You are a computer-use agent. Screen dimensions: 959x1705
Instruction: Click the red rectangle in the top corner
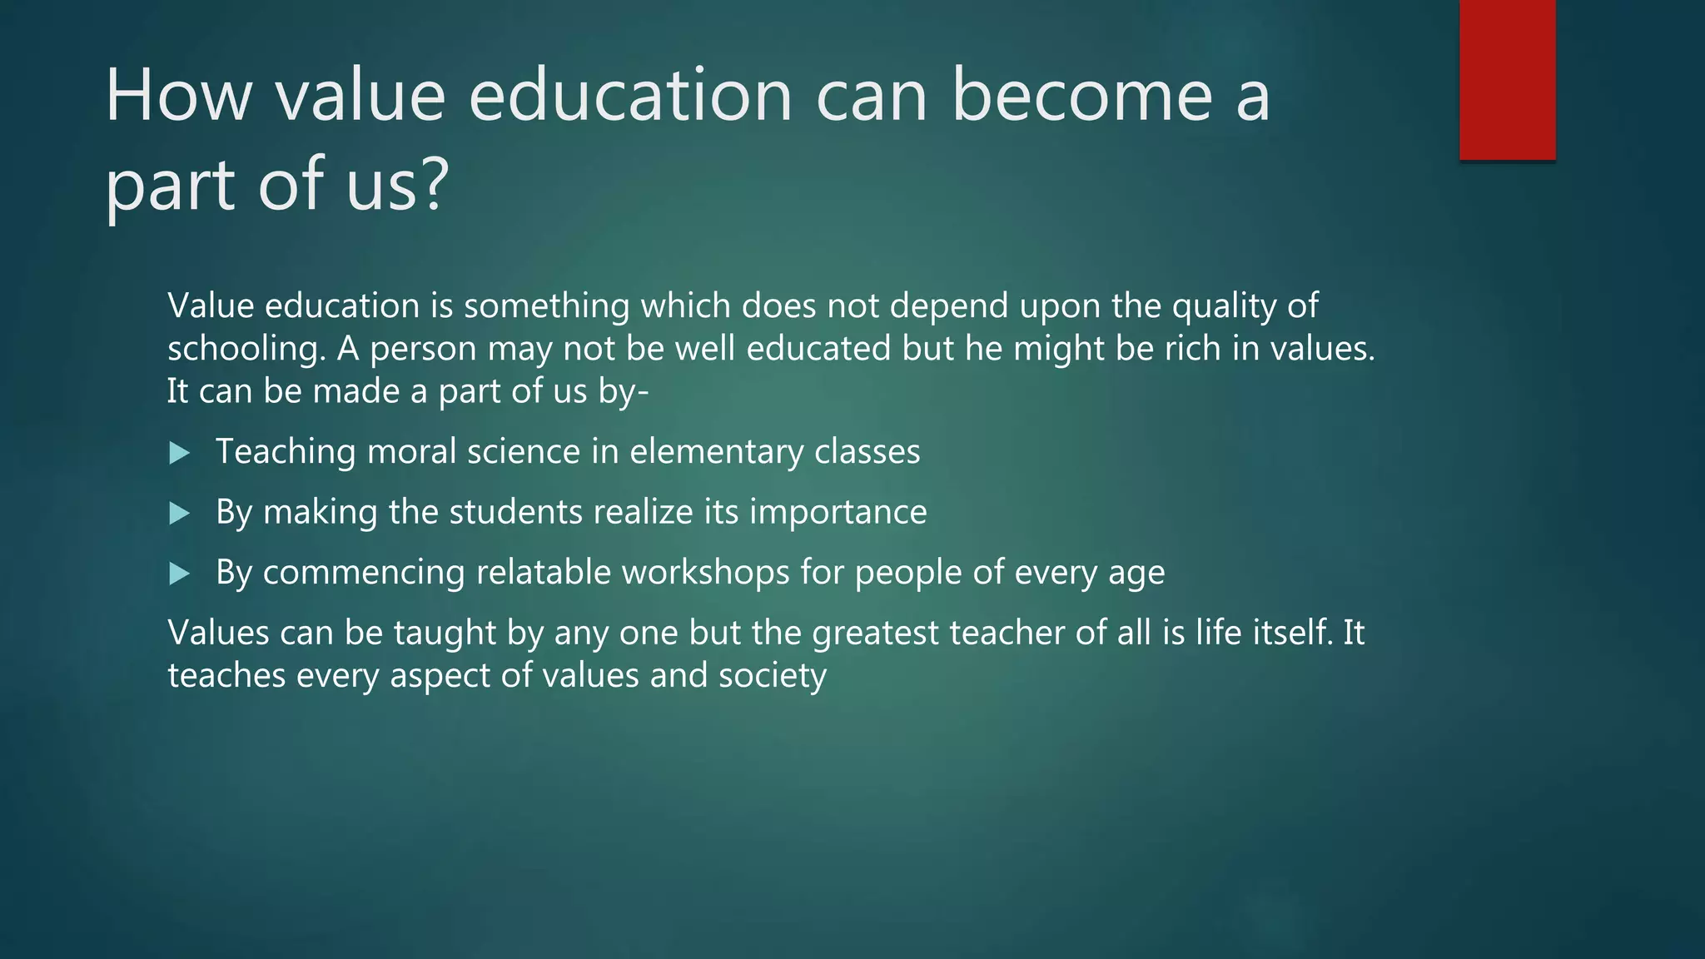pyautogui.click(x=1507, y=79)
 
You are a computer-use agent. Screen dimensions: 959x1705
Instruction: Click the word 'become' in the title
pyautogui.click(x=1081, y=96)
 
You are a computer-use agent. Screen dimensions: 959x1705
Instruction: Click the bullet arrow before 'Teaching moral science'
pyautogui.click(x=179, y=453)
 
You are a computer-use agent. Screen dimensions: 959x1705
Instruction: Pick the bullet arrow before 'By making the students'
pyautogui.click(x=179, y=513)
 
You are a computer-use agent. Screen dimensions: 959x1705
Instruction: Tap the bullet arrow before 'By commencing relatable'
pyautogui.click(x=179, y=574)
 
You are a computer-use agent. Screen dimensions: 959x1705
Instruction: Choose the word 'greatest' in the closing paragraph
pyautogui.click(x=875, y=634)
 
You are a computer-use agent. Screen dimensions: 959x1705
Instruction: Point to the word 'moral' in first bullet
pyautogui.click(x=411, y=452)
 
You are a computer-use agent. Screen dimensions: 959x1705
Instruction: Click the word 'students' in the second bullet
pyautogui.click(x=515, y=512)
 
